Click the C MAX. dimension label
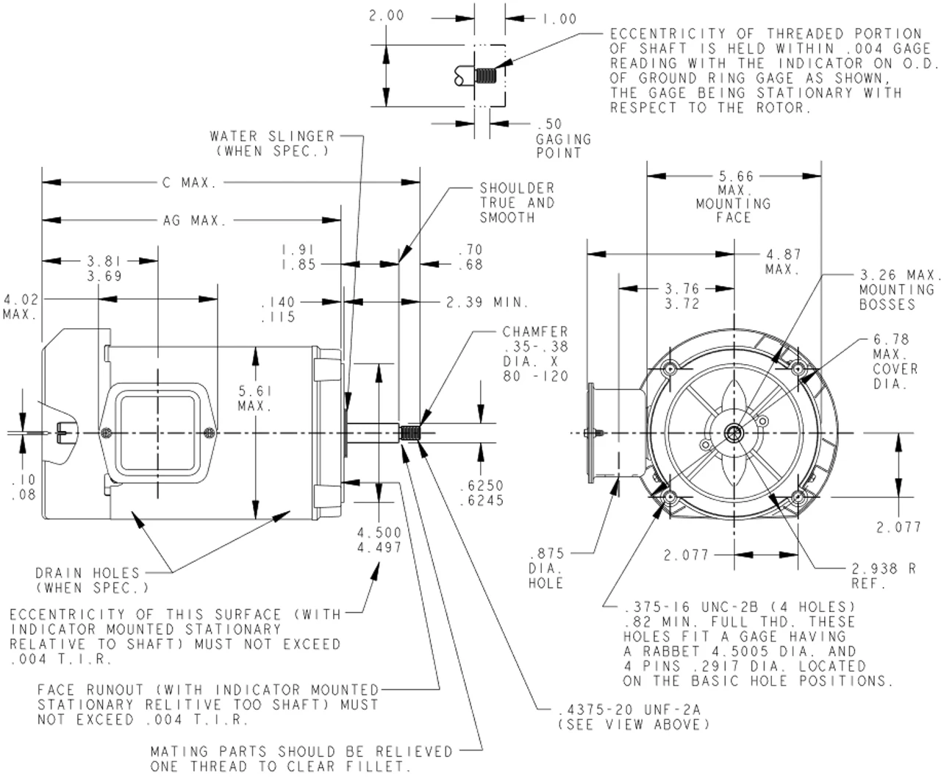pos(189,182)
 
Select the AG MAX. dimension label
pos(189,220)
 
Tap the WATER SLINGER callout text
pos(272,143)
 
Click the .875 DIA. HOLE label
pos(546,569)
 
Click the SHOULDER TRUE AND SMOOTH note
pos(517,203)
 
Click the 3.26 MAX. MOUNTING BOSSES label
pos(899,290)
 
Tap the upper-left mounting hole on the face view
pos(670,369)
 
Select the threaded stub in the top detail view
pos(485,76)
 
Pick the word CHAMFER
pos(535,332)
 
